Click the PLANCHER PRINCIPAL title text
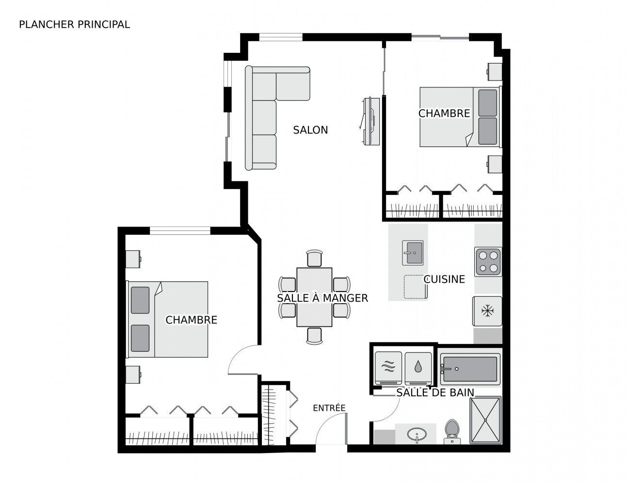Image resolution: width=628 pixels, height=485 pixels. (74, 25)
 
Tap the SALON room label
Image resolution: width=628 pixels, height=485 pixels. (310, 130)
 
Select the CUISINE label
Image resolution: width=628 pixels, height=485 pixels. (444, 279)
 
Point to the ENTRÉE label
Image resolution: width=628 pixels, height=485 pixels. (329, 407)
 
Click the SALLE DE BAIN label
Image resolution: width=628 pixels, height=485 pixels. (435, 392)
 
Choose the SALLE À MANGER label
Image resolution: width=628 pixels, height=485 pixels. (322, 298)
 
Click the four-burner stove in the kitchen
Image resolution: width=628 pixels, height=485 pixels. (488, 261)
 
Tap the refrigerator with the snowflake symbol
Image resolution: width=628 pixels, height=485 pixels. (487, 311)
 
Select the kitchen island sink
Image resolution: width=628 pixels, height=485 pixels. (413, 253)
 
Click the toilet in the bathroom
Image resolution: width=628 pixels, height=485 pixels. (452, 432)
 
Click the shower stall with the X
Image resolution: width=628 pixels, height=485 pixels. (485, 420)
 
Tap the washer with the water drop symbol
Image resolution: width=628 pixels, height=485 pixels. (418, 368)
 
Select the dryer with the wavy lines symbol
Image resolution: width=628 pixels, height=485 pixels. (388, 368)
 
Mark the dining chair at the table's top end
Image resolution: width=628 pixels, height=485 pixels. (314, 258)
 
